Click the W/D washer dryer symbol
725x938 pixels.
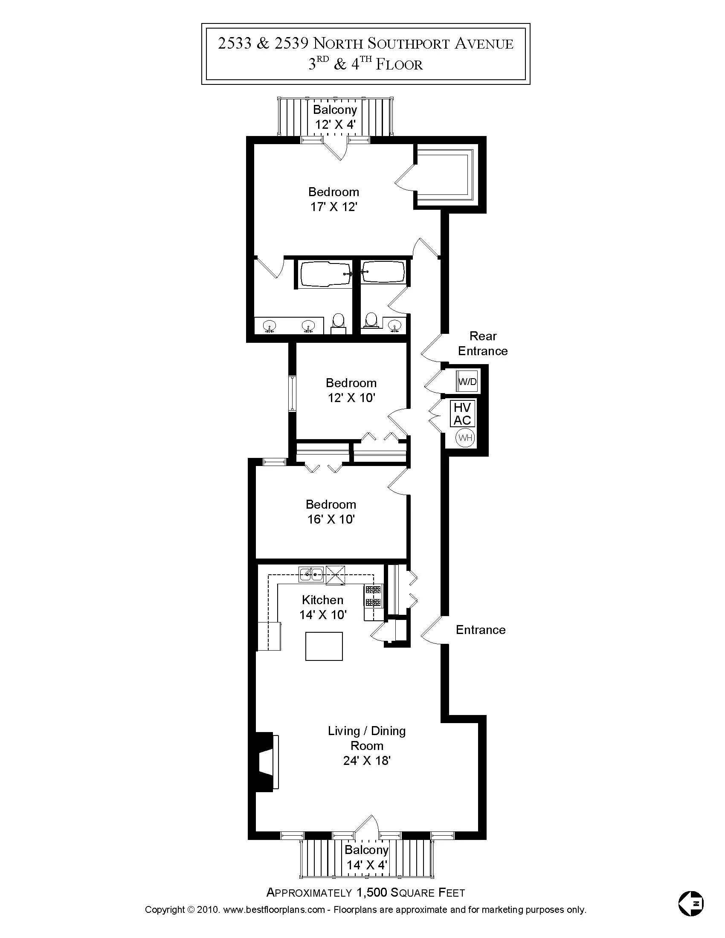pos(467,381)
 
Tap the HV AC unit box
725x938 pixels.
pos(462,414)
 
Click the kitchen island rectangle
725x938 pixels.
pos(324,646)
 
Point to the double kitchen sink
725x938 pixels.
pos(311,574)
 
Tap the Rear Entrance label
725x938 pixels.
pos(483,344)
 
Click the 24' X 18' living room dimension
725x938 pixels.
pos(366,761)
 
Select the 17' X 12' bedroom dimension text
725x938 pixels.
pos(334,207)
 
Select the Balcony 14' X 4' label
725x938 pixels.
pos(366,856)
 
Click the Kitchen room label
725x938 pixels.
pos(322,600)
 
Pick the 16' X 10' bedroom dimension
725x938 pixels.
pos(331,519)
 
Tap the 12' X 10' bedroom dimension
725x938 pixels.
pos(351,398)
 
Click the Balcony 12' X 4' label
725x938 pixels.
pos(335,117)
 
